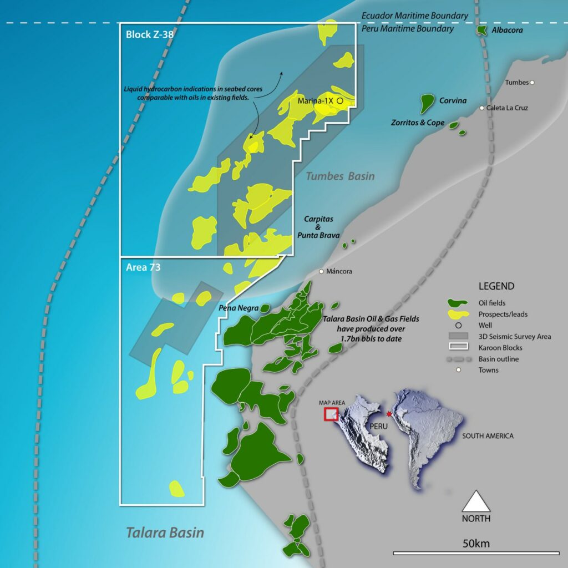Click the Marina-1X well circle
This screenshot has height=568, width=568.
(x=339, y=101)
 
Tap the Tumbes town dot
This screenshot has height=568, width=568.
(x=532, y=83)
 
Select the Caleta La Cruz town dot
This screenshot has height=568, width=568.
(x=482, y=108)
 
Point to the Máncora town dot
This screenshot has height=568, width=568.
(x=322, y=272)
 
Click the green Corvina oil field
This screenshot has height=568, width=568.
(x=427, y=102)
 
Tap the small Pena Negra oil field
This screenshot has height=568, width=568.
(x=265, y=308)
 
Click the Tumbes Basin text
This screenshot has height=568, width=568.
(x=340, y=176)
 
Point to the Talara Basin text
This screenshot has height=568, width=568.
(x=165, y=533)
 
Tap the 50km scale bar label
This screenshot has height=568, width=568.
(x=476, y=543)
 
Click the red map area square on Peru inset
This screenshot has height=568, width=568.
(x=331, y=414)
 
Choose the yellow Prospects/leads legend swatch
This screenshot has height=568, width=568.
(x=458, y=314)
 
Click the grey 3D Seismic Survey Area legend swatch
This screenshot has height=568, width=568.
(x=458, y=337)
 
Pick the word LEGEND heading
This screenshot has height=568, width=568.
(x=496, y=287)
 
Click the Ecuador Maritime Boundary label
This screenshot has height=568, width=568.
(x=414, y=16)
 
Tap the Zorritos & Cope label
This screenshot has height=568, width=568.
(x=417, y=123)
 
